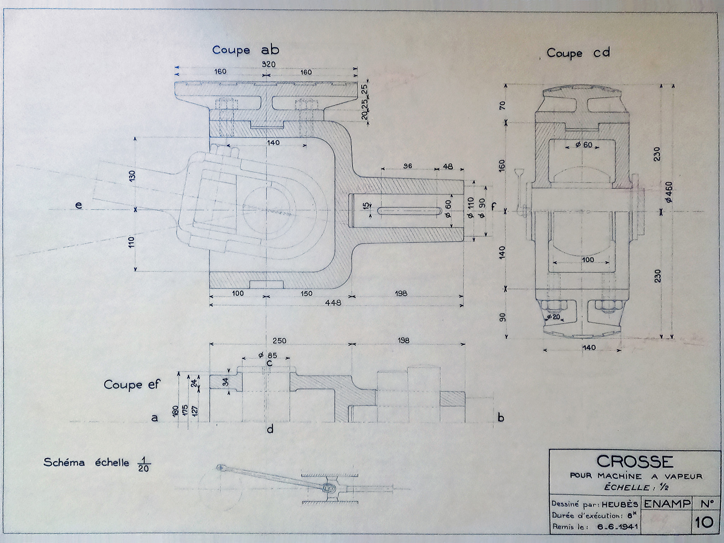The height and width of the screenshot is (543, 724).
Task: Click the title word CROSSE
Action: pyautogui.click(x=635, y=462)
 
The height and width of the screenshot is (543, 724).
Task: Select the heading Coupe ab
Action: pyautogui.click(x=245, y=50)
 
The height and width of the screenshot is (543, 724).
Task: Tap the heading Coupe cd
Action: pyautogui.click(x=578, y=53)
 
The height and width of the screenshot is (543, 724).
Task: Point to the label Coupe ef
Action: pyautogui.click(x=132, y=385)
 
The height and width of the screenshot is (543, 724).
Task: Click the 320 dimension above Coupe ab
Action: pyautogui.click(x=268, y=64)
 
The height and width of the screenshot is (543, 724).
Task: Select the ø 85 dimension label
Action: pyautogui.click(x=268, y=355)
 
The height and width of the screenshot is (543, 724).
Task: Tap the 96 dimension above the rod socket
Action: pyautogui.click(x=408, y=166)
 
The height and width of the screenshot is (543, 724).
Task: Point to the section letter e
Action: pyautogui.click(x=78, y=205)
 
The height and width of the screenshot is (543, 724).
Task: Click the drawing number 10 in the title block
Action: pyautogui.click(x=704, y=522)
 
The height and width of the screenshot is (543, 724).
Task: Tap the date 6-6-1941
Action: pyautogui.click(x=617, y=527)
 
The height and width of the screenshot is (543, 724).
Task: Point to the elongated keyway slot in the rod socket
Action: pyautogui.click(x=409, y=211)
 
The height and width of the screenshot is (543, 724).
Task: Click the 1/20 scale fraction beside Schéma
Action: pyautogui.click(x=144, y=464)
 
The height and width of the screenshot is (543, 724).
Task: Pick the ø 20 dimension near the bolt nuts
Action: pyautogui.click(x=554, y=317)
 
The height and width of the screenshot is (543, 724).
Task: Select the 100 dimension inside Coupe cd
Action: pyautogui.click(x=588, y=260)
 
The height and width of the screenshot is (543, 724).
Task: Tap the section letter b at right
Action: pyautogui.click(x=501, y=418)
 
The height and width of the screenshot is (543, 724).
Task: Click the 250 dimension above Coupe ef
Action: pyautogui.click(x=279, y=341)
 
